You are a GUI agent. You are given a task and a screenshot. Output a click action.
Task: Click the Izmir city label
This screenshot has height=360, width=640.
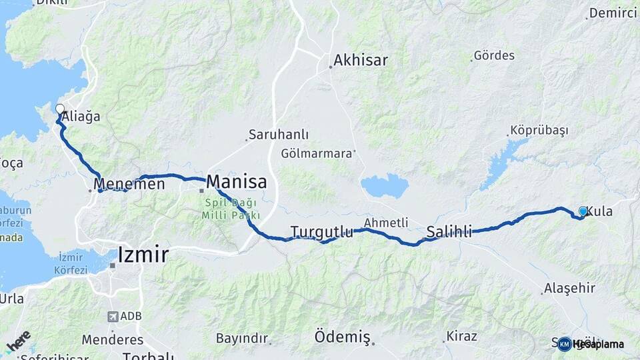143,254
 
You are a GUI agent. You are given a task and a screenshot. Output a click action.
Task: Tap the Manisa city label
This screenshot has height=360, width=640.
237,181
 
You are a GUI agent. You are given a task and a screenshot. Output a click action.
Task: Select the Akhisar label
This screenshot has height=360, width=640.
361,60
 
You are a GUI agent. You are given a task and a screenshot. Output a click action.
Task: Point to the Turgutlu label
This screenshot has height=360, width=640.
321,232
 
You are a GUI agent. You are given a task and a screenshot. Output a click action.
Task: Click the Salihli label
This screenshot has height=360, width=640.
449,232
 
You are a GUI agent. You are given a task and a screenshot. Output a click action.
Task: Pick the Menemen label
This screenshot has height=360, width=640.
129,183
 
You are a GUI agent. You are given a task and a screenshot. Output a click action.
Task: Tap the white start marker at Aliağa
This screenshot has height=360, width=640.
60,109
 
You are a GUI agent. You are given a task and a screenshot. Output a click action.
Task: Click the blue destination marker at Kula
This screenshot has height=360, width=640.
583,211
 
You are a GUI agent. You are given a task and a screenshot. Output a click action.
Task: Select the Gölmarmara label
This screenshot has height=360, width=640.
316,153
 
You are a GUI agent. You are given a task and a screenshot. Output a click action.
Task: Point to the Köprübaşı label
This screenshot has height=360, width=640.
539,131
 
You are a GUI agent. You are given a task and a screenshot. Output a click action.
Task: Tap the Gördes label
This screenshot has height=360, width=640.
494,55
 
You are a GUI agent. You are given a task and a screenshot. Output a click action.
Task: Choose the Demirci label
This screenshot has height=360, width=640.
613,13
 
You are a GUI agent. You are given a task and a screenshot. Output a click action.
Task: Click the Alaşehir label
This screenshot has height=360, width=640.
568,288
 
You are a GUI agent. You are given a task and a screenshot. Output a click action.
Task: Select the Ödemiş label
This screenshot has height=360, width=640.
342,337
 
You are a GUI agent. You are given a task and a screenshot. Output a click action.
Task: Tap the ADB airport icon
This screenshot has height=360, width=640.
113,317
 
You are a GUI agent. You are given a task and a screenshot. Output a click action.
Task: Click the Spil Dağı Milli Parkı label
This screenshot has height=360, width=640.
232,210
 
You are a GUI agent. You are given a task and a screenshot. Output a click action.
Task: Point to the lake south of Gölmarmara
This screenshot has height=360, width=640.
384,185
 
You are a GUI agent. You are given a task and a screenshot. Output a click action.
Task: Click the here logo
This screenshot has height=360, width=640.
18,341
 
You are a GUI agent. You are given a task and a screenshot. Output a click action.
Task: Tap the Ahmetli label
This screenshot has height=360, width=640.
386,223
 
